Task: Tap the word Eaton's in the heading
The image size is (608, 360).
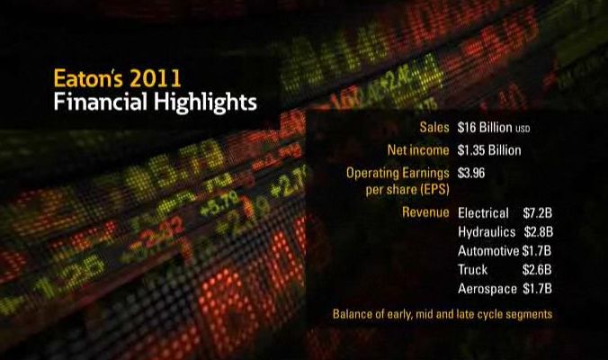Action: pos(88,78)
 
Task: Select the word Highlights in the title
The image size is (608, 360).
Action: pos(205,103)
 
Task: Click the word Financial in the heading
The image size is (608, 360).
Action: pos(101,102)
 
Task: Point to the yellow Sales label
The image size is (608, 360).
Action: pos(434,127)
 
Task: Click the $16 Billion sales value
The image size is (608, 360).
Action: pos(485,127)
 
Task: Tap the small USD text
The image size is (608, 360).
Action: pos(523,129)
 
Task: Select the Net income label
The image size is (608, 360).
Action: pos(418,150)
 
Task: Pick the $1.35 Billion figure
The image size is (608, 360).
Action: pos(489,150)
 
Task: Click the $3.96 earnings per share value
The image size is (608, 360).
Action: pos(471,173)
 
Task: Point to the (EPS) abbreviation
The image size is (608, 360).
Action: pos(434,190)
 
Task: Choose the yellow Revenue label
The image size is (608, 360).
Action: pos(425,212)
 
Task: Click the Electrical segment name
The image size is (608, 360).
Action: pos(483,213)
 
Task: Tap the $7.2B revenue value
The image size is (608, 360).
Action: pos(537,213)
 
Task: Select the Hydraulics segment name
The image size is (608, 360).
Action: pos(487,232)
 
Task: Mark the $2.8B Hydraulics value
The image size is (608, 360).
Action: pos(538,232)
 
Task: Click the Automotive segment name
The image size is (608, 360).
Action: pos(488,251)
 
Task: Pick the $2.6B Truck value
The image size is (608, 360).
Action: pos(537,270)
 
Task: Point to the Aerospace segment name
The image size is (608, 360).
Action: pos(487,289)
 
